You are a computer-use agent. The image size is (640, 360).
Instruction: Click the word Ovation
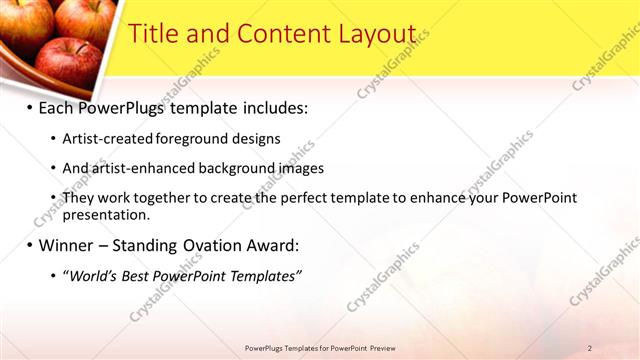tap(218, 245)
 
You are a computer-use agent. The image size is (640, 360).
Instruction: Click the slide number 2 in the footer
tap(589, 348)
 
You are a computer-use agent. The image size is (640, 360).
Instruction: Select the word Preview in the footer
tap(381, 348)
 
